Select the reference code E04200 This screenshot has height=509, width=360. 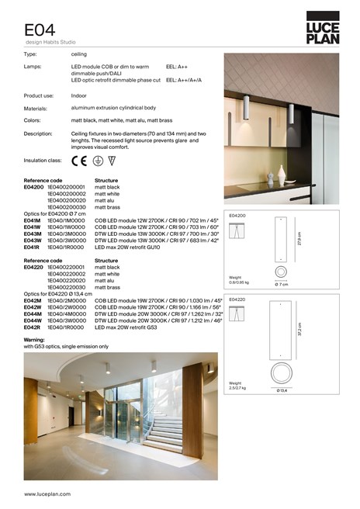click(x=33, y=187)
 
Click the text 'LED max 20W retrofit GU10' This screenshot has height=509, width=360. click(x=127, y=247)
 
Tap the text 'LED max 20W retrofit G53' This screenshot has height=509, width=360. click(x=126, y=327)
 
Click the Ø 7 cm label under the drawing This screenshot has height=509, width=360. click(x=282, y=285)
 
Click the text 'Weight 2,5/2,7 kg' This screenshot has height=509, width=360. click(x=241, y=387)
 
